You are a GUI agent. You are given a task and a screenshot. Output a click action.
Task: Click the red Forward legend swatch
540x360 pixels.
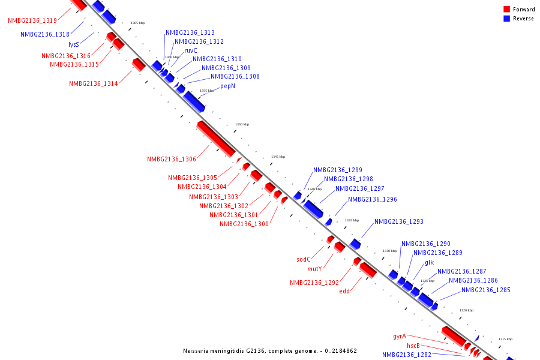[507, 9]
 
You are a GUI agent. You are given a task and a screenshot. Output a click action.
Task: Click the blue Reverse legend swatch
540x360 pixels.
[507, 19]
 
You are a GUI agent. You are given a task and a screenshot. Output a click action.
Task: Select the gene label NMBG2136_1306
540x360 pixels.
[172, 160]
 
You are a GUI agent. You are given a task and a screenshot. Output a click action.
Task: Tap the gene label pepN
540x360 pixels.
[227, 86]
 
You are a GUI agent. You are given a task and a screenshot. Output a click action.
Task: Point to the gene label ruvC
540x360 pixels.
[191, 50]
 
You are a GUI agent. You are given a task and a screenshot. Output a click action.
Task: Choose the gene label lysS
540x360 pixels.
[74, 45]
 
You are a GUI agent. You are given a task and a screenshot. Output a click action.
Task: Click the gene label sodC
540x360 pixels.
[304, 260]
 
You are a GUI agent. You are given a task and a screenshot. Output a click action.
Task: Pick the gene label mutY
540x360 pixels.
[314, 269]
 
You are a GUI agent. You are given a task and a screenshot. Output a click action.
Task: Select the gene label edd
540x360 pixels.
[344, 292]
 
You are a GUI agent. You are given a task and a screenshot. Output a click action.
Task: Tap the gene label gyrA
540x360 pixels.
[400, 337]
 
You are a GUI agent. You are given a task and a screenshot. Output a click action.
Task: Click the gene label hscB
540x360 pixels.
[413, 346]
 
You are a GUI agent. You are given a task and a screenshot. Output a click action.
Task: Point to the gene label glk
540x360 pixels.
[429, 263]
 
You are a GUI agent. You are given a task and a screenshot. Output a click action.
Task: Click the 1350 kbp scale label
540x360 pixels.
[242, 124]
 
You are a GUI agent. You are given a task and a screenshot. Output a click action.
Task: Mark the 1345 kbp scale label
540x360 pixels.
[278, 157]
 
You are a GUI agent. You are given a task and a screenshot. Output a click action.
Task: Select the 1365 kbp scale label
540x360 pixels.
[138, 23]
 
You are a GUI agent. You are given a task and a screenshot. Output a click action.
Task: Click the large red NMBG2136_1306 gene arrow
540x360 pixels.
[216, 139]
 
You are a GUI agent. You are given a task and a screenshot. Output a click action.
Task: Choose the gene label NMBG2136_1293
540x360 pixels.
[399, 222]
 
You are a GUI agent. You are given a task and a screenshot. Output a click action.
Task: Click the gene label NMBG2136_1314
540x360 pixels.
[93, 84]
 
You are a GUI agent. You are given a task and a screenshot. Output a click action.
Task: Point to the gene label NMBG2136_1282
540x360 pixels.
[407, 355]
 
